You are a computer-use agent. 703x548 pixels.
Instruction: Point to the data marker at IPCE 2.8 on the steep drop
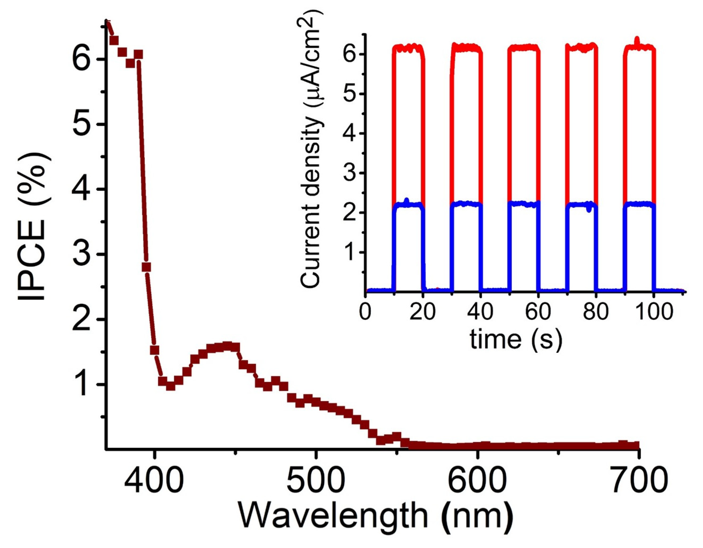coord(146,267)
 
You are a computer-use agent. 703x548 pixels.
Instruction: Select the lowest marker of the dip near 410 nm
coord(170,386)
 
